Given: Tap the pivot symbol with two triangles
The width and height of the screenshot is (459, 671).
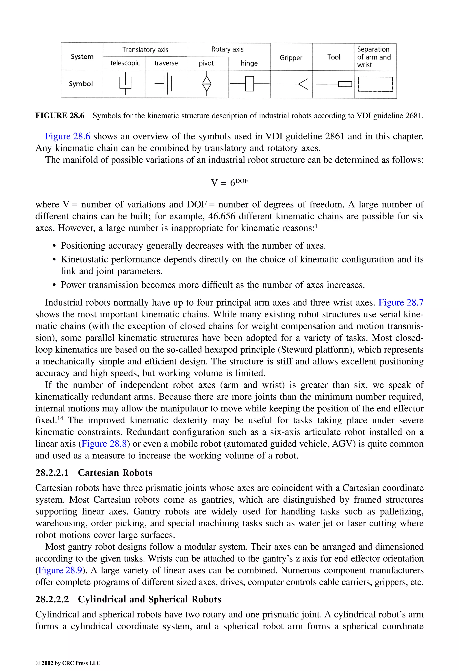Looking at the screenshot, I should [x=207, y=84].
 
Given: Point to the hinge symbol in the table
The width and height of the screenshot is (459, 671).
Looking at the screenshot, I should [x=249, y=84].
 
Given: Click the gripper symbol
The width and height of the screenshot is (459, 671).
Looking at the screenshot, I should [x=292, y=84].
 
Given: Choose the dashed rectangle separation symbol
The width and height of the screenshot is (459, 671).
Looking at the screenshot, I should [x=375, y=84].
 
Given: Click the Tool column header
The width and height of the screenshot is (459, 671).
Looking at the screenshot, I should [x=333, y=57].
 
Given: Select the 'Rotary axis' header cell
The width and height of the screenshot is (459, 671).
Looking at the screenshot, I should [x=227, y=49].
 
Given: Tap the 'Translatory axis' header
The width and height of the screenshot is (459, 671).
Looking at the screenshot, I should [x=145, y=50].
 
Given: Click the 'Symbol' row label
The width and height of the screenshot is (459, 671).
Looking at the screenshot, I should [x=81, y=84].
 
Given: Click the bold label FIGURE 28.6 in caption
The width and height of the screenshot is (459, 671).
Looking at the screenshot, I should [x=60, y=116].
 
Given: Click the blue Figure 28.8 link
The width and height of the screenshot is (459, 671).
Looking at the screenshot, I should [x=104, y=443].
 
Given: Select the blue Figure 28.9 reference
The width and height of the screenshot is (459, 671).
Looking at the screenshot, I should [x=60, y=570].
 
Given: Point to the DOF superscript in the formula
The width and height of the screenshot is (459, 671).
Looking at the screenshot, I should [x=242, y=181].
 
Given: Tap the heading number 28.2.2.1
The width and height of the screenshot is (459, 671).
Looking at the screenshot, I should [x=52, y=473].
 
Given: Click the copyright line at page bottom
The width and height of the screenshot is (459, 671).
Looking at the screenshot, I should [x=68, y=663].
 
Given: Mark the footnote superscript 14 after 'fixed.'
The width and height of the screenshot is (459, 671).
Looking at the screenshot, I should [x=60, y=418].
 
